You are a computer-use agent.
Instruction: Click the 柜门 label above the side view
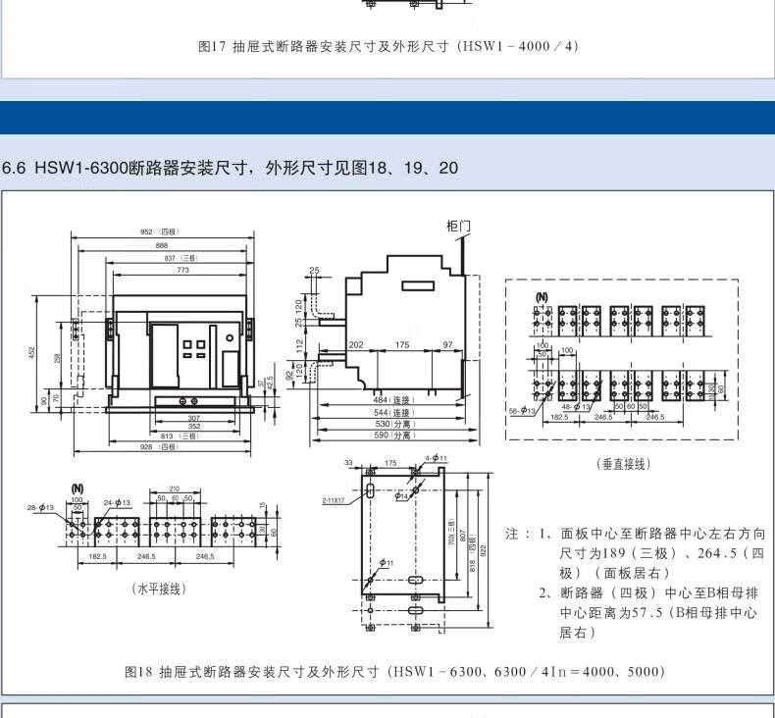click(x=458, y=226)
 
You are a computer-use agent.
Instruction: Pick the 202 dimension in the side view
click(x=356, y=344)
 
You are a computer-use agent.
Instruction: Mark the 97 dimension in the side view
click(x=447, y=344)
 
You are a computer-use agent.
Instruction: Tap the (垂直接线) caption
click(x=623, y=464)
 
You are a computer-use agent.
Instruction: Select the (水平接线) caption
click(x=159, y=589)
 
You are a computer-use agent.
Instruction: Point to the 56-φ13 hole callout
click(x=521, y=410)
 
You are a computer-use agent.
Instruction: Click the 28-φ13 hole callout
click(x=40, y=507)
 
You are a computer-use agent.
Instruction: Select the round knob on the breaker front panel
click(x=230, y=337)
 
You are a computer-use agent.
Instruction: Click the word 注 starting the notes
click(x=511, y=534)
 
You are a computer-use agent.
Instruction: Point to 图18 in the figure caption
click(x=138, y=672)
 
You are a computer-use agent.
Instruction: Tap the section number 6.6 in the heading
click(x=16, y=168)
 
